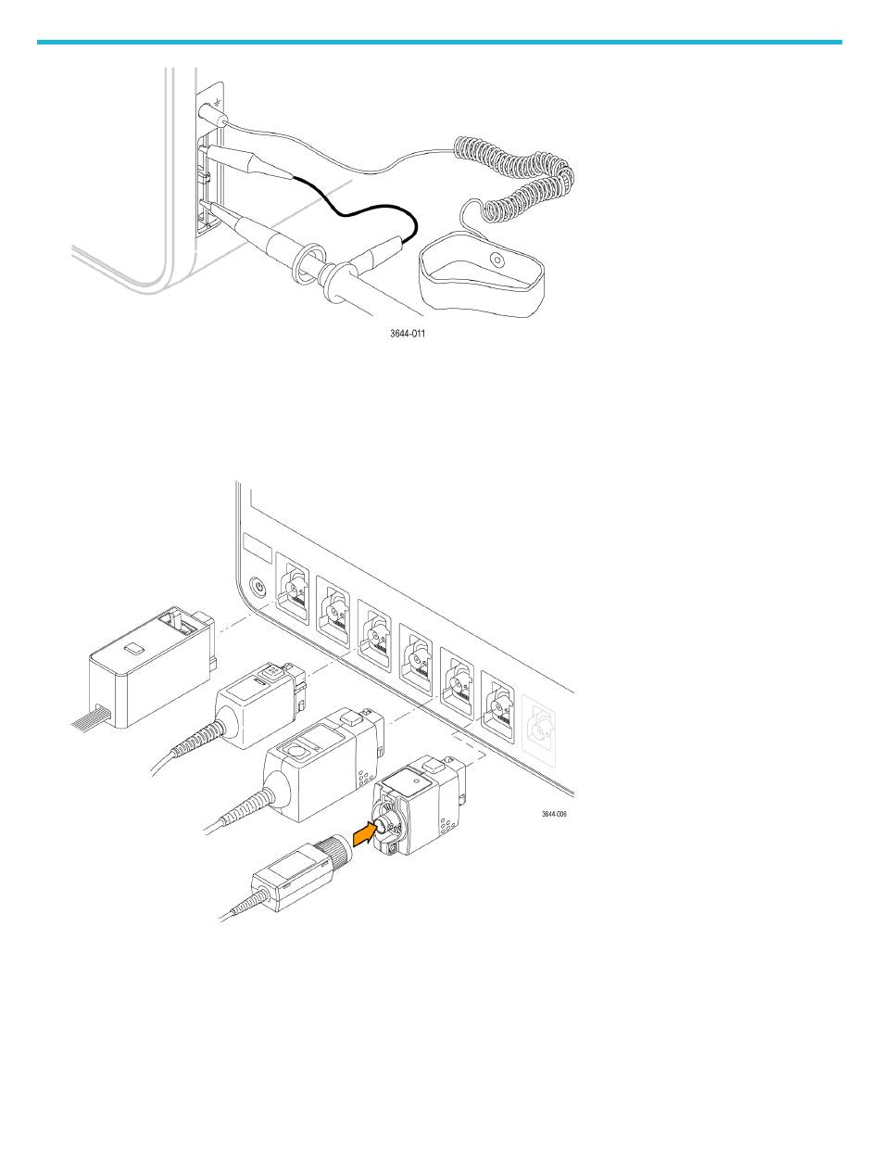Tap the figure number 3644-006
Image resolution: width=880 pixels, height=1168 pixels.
click(554, 815)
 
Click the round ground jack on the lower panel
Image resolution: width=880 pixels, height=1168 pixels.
click(258, 586)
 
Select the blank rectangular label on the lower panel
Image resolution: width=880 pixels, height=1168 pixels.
click(254, 545)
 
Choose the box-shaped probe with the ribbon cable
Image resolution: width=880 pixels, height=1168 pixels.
click(148, 660)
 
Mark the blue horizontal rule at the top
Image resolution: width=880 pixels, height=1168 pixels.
click(439, 42)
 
